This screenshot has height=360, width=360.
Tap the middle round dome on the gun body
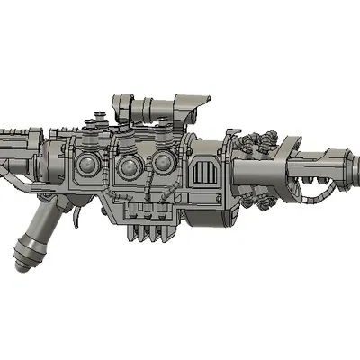pos(128,166)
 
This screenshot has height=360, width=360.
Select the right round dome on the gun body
pos(163,163)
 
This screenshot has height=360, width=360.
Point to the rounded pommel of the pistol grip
pos(26,258)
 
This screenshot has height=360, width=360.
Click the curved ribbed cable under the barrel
pos(319,192)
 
